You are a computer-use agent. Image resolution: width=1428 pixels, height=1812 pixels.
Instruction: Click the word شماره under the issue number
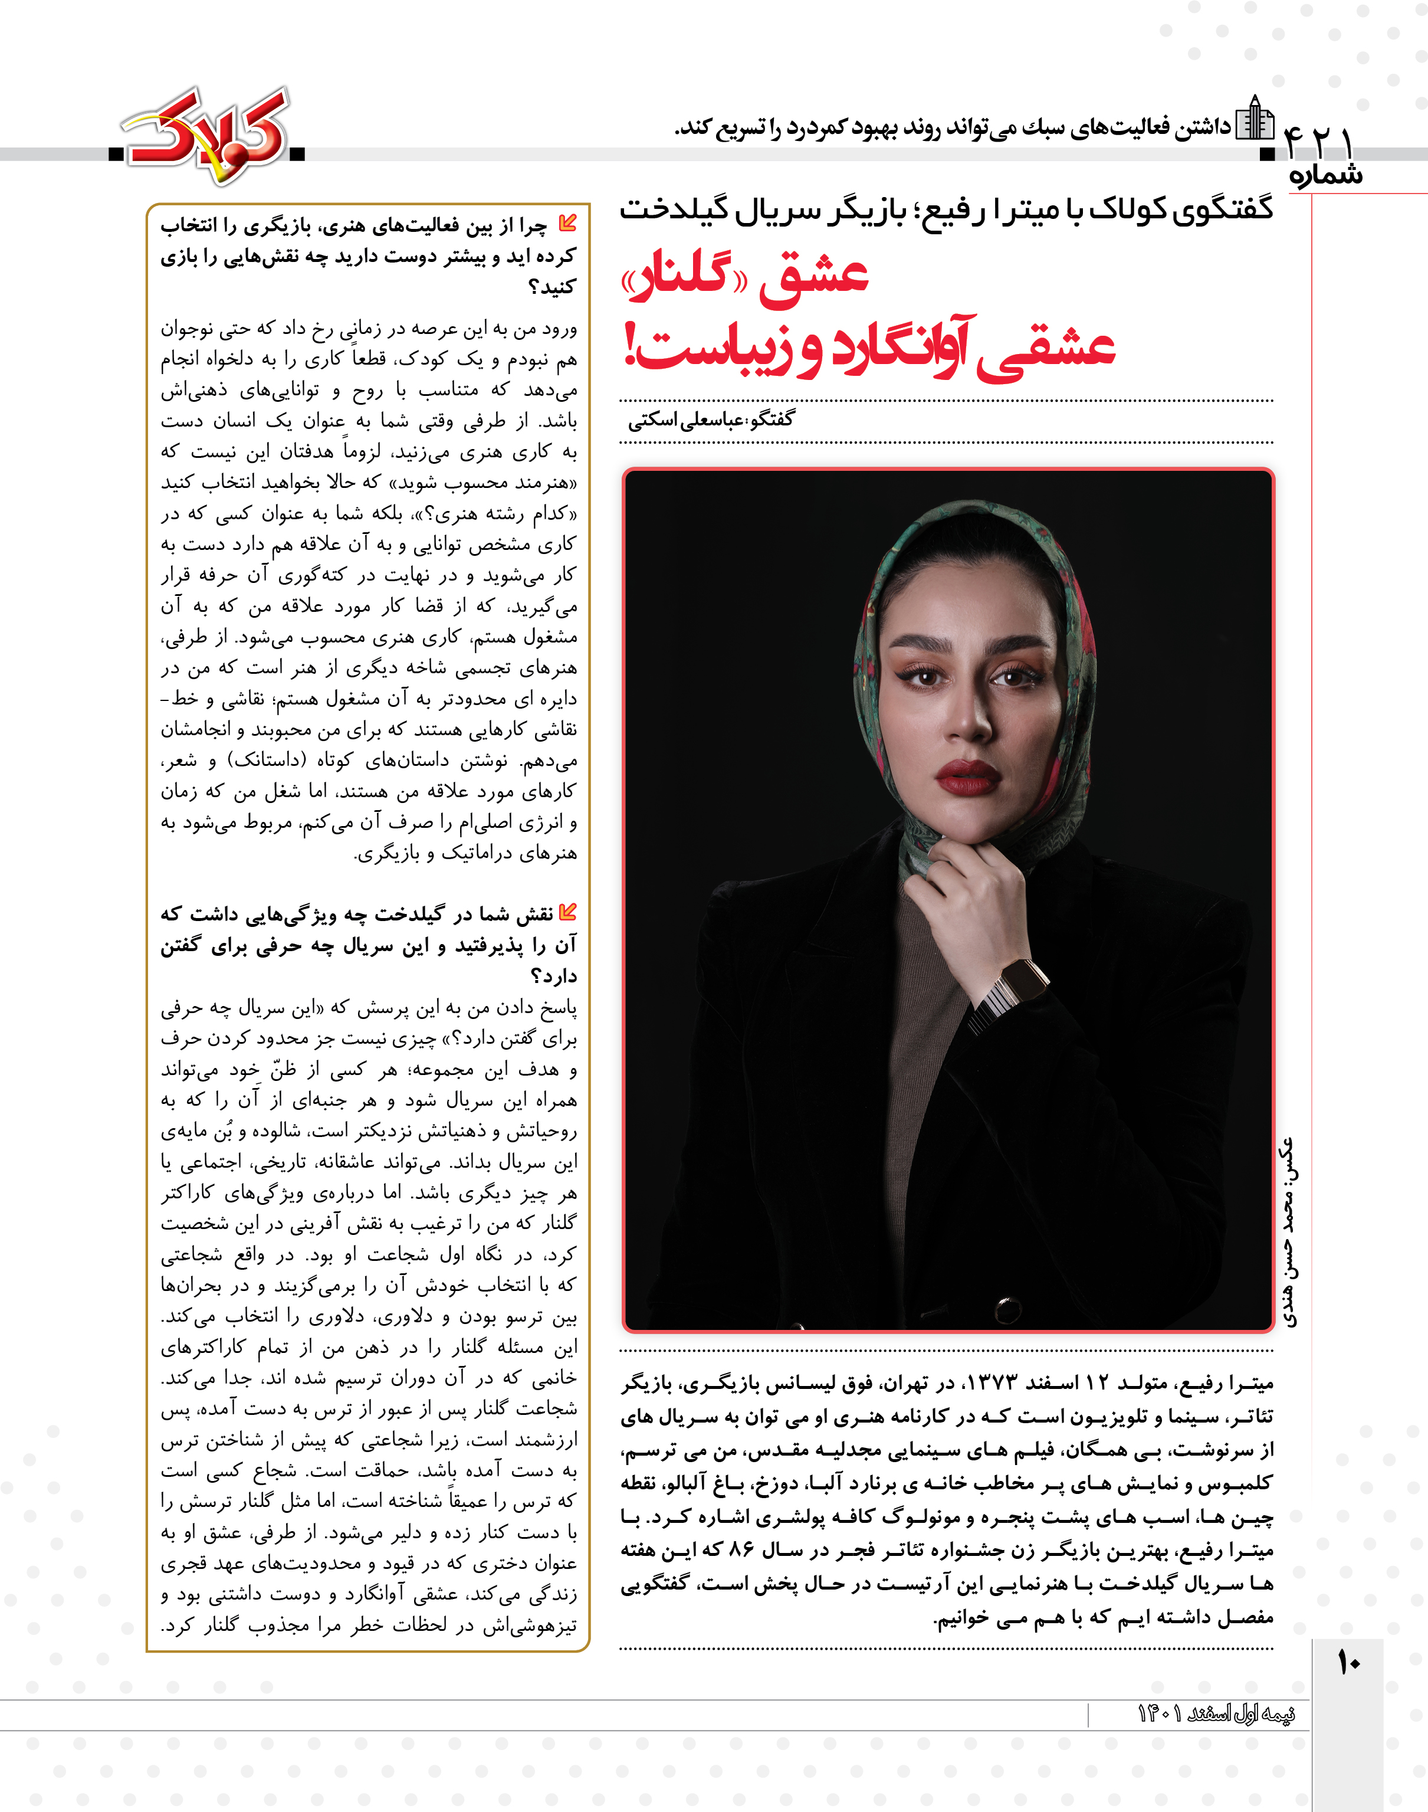(1326, 176)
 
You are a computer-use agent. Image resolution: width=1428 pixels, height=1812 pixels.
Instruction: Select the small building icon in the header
(1254, 119)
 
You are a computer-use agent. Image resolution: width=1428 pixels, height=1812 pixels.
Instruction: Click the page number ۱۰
(1348, 1662)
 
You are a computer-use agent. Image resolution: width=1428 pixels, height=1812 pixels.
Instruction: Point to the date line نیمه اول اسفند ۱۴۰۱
(1216, 1713)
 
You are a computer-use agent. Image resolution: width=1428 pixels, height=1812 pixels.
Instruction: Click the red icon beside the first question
(567, 223)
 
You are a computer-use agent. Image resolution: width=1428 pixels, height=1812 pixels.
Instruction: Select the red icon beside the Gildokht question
(567, 912)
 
